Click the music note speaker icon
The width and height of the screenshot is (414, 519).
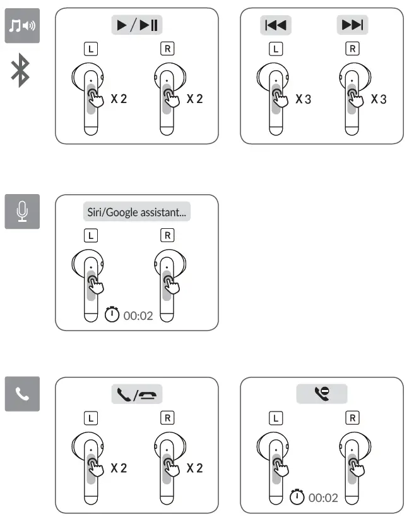22,25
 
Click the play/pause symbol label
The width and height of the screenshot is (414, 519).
137,25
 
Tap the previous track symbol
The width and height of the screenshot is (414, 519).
275,25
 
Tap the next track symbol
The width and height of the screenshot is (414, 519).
352,25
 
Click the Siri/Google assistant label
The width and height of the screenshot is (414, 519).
137,212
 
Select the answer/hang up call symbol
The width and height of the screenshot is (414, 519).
137,395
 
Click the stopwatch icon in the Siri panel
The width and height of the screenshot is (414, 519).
112,314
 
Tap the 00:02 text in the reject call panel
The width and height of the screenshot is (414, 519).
322,498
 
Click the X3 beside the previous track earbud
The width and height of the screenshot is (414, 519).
304,99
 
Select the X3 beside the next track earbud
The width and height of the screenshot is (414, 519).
379,99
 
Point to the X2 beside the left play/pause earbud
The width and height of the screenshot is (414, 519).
119,99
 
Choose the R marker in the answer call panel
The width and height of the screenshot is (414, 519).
168,418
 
